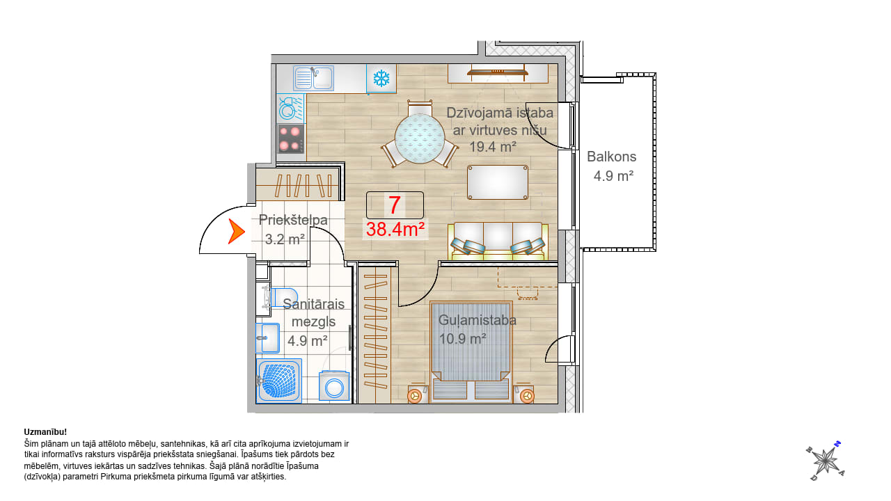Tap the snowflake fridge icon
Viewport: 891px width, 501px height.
click(x=381, y=79)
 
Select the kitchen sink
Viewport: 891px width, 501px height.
click(x=313, y=78)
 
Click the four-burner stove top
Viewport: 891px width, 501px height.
click(x=291, y=138)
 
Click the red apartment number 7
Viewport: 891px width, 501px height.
click(x=394, y=205)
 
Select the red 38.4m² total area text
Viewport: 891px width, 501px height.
click(x=395, y=230)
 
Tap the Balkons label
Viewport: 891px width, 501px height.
click(x=611, y=157)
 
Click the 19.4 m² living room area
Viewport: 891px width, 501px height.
click(x=493, y=147)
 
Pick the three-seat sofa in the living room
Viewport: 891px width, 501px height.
click(x=498, y=241)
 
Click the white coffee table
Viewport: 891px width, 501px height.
click(x=498, y=182)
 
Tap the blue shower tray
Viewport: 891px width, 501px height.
click(x=279, y=381)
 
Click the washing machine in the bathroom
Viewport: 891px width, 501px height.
click(x=334, y=385)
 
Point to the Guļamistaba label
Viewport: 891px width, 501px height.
click(x=478, y=320)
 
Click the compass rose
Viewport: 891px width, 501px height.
click(x=826, y=461)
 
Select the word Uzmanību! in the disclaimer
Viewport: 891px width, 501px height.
click(x=45, y=432)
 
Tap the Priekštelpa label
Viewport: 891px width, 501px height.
click(x=293, y=220)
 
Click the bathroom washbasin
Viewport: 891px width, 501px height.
click(x=268, y=338)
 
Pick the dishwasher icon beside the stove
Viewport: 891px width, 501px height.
click(x=290, y=108)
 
